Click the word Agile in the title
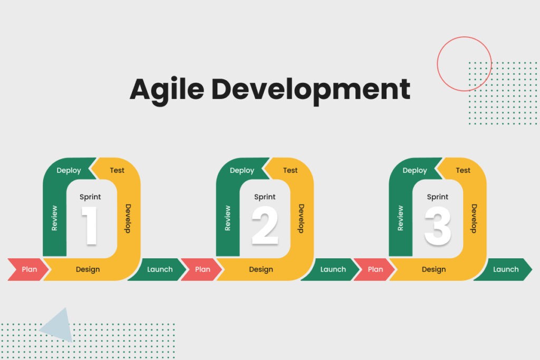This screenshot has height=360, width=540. coord(166,90)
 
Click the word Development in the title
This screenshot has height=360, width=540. coord(311,90)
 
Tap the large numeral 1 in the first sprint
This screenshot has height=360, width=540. coord(90,226)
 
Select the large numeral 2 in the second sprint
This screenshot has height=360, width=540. coord(264,226)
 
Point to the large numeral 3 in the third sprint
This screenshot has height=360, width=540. coord(438,226)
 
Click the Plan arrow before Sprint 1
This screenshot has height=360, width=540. coord(29,269)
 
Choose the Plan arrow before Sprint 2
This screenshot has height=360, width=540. coord(202,269)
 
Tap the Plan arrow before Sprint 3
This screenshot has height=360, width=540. coord(375,269)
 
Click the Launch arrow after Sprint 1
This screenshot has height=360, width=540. coord(159,269)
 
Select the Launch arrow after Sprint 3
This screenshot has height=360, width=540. coord(505,269)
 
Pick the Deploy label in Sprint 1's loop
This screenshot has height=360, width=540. coord(69,170)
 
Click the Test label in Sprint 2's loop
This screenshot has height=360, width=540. coord(290,170)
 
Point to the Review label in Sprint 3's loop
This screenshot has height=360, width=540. coord(400,218)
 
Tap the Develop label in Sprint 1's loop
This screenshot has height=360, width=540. coord(128,218)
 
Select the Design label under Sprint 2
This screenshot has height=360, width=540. coord(261,269)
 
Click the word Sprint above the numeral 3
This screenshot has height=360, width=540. coord(438,197)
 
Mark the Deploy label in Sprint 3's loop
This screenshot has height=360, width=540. coord(414,170)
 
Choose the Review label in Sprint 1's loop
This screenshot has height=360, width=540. coord(54,218)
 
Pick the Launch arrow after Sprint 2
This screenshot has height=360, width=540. coord(333,269)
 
